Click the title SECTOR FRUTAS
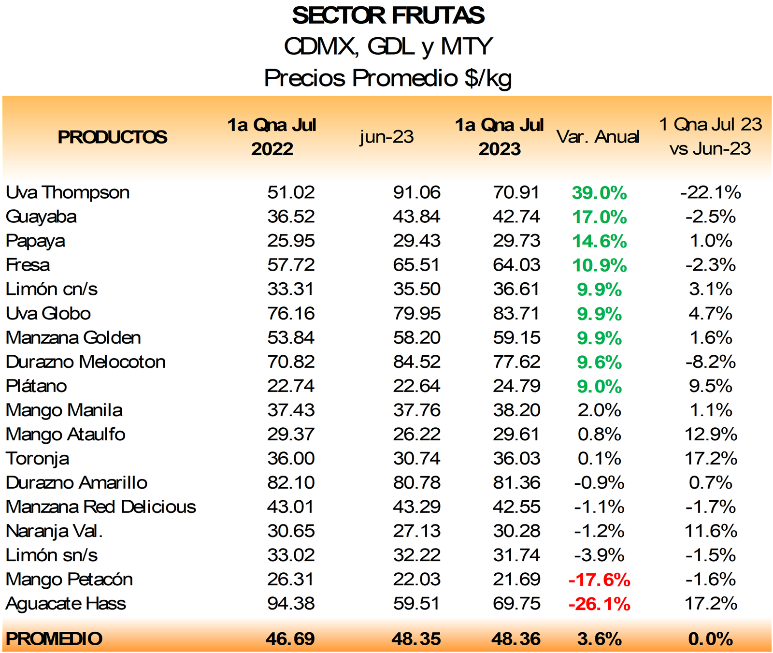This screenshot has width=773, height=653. (x=388, y=15)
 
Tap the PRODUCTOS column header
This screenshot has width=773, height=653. (x=112, y=137)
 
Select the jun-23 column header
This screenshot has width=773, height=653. (x=386, y=137)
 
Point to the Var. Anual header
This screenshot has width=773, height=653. (x=598, y=137)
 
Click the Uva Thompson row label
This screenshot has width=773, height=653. (x=68, y=192)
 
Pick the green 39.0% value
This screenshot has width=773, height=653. (x=599, y=193)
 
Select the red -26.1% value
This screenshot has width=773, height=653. (x=599, y=604)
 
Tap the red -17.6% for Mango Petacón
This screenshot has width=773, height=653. (x=599, y=580)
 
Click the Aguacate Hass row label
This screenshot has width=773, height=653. (x=66, y=604)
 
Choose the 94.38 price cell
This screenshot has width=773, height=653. (x=291, y=603)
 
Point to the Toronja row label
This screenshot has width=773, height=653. (x=37, y=458)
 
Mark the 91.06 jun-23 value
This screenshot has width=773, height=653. (x=416, y=192)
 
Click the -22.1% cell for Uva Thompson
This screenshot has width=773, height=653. (x=710, y=192)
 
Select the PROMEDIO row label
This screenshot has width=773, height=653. (x=54, y=638)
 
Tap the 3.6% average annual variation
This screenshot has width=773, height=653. (x=599, y=639)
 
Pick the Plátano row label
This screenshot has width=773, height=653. (x=36, y=386)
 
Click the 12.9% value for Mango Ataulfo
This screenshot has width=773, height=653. (x=711, y=434)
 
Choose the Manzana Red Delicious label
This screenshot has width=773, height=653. (x=101, y=507)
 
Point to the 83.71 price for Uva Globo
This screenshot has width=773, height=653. (x=516, y=313)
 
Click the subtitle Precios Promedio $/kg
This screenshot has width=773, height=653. (x=387, y=78)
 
